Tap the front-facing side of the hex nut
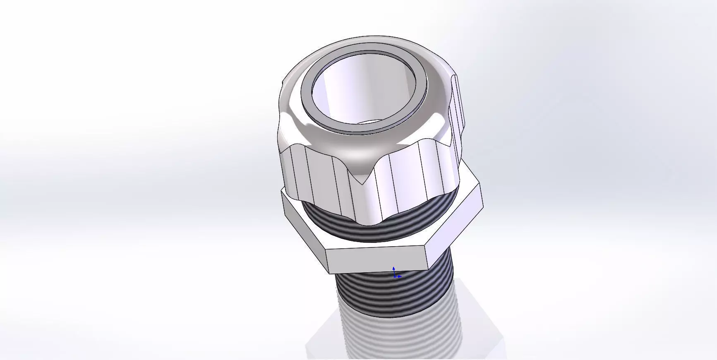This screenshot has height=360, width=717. click(376, 259)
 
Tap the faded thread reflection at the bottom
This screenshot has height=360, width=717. click(397, 339)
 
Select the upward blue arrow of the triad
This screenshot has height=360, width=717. click(393, 269)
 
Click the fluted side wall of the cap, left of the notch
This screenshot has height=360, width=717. click(319, 178)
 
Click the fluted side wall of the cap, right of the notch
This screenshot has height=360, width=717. click(410, 182)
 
